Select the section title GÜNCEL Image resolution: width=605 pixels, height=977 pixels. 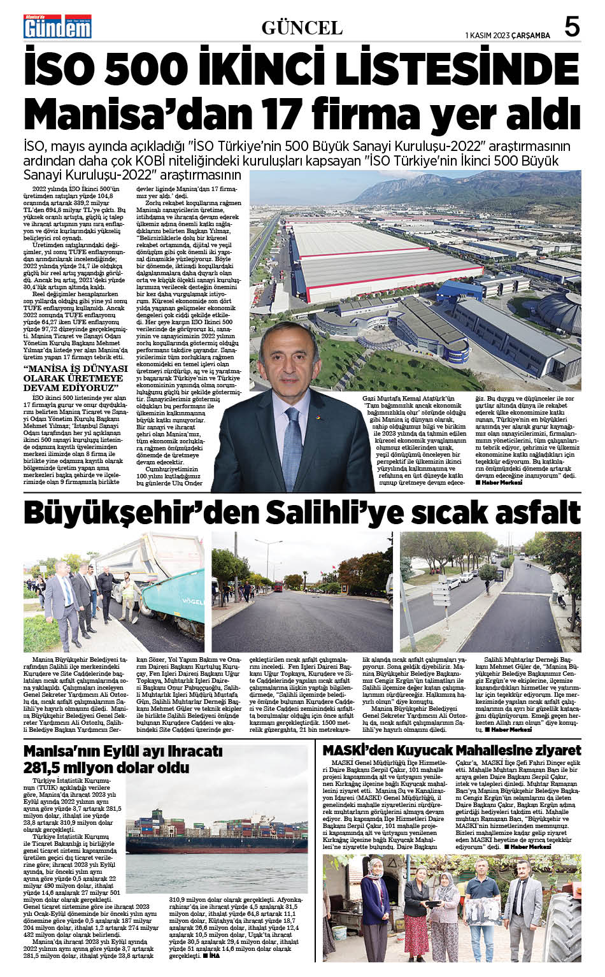point(302,28)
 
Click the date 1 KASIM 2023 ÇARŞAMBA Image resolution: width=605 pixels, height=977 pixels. point(508,36)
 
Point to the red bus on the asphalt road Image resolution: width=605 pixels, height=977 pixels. point(278,585)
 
